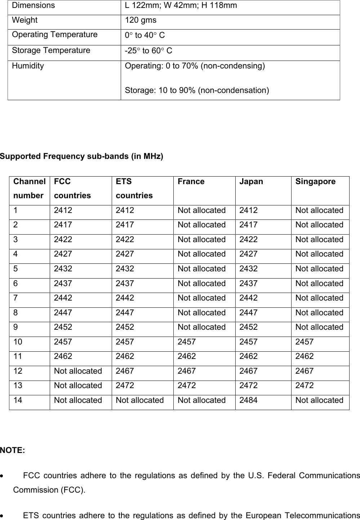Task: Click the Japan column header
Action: pos(251,182)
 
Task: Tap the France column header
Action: pos(191,182)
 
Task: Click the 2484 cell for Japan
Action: pos(248,400)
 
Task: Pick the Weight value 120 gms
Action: pos(141,21)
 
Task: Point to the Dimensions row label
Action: pos(34,6)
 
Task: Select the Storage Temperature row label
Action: pos(51,50)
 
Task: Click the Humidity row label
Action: pos(28,66)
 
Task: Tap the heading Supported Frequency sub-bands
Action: pos(81,156)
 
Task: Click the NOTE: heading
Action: pos(13,450)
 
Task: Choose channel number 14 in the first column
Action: pos(18,400)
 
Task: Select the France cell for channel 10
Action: pos(187,342)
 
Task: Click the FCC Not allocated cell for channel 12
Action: pos(78,371)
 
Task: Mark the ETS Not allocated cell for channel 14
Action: pos(139,400)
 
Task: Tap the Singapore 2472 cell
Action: pos(305,386)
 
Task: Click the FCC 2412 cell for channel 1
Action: pos(63,210)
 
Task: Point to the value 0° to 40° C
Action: pos(145,35)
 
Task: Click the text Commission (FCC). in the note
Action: pos(49,490)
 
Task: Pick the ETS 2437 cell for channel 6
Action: pos(125,284)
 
